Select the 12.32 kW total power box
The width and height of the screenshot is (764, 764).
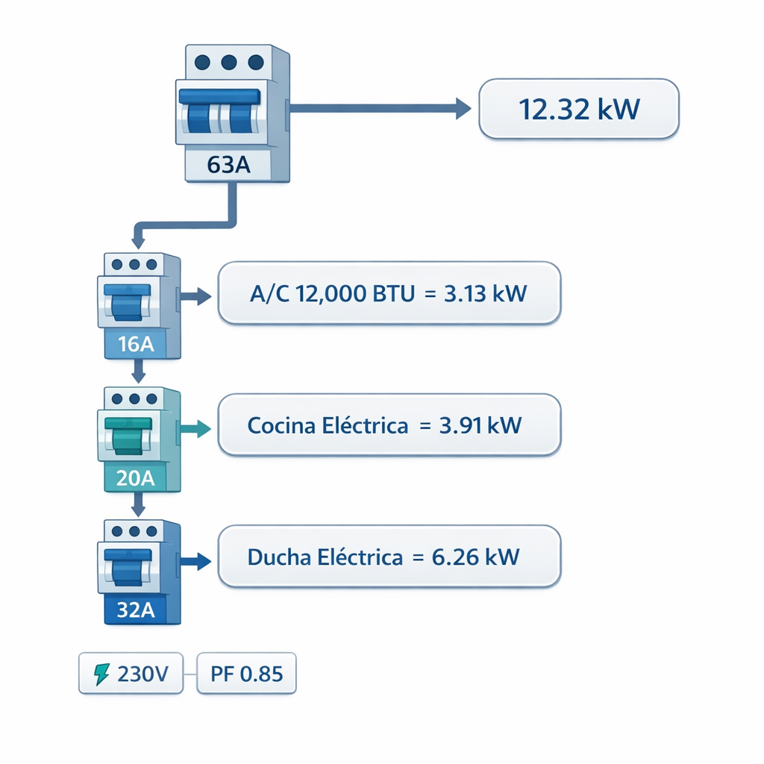tap(578, 110)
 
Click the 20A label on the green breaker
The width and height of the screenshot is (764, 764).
tap(137, 477)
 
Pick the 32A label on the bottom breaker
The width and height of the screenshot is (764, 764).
tap(137, 610)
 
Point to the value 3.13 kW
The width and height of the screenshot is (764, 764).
tap(485, 293)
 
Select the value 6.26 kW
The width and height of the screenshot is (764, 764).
tap(476, 557)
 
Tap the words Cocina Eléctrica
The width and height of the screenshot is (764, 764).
tap(328, 426)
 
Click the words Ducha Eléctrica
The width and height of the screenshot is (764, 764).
tap(324, 557)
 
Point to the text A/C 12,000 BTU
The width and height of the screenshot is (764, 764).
tap(331, 293)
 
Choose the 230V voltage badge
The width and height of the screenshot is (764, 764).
tap(131, 674)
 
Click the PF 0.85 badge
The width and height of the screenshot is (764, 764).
tap(246, 674)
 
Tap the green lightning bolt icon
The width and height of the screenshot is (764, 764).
tap(101, 674)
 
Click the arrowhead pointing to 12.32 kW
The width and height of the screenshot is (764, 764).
tap(463, 110)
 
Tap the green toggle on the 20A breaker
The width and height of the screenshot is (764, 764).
tap(128, 434)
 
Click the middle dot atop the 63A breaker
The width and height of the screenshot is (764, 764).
tap(229, 63)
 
